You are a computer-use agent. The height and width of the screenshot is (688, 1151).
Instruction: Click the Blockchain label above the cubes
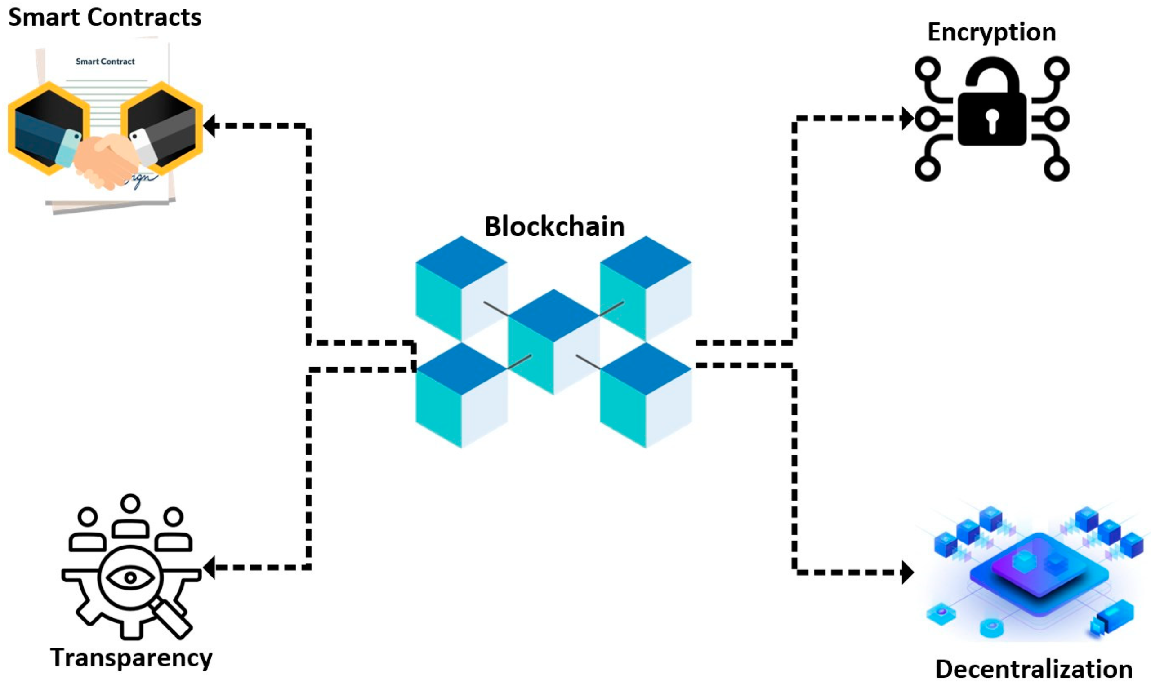coord(554,226)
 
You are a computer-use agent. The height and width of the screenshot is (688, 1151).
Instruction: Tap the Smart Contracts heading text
coord(105,18)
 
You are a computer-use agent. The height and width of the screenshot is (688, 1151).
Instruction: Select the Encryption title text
coord(991,32)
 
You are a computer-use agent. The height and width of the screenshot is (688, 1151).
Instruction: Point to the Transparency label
coord(131,657)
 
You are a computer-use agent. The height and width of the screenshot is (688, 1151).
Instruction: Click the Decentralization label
coord(1034,669)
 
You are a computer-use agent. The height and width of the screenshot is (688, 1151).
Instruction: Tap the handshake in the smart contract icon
coord(106,160)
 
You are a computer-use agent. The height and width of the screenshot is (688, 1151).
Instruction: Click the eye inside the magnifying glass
coord(130,577)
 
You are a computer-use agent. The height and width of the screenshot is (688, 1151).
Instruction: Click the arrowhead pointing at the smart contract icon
coord(210,126)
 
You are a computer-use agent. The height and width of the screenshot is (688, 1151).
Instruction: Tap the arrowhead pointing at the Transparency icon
coord(210,568)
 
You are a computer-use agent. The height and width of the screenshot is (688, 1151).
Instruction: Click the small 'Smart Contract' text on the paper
coord(105,61)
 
